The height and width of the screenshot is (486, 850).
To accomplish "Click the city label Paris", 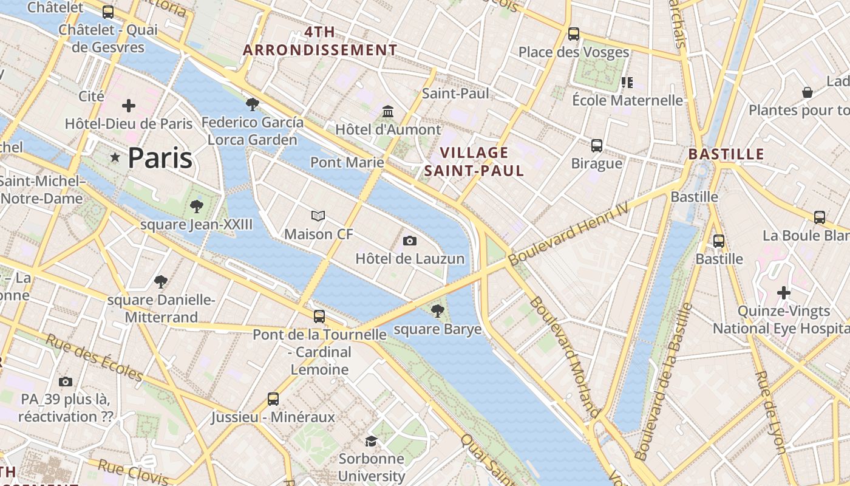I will [160, 158].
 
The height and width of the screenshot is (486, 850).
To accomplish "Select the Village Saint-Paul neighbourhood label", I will [474, 162].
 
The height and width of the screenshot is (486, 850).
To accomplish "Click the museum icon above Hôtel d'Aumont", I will [388, 111].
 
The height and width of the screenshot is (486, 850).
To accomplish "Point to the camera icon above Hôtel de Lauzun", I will [410, 241].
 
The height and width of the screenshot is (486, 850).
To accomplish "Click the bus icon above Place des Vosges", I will [574, 33].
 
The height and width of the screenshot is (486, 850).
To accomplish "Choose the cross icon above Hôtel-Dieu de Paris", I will [129, 106].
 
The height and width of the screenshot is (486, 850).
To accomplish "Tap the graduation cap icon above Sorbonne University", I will [371, 440].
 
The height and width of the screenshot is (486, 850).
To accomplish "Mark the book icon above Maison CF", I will [318, 216].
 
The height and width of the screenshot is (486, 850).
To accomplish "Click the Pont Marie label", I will [347, 162].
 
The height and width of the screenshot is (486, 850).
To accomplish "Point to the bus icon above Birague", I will [597, 145].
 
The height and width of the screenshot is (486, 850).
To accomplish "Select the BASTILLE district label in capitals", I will [726, 154].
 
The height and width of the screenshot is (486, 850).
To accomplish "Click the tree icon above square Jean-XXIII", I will [196, 207].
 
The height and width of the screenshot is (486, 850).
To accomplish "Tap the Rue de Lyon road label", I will [770, 412].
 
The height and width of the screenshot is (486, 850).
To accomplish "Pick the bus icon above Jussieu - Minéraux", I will [273, 399].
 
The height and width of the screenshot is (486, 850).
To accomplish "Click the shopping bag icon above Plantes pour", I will [807, 92].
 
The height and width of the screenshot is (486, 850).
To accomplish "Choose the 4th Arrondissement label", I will [320, 41].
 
